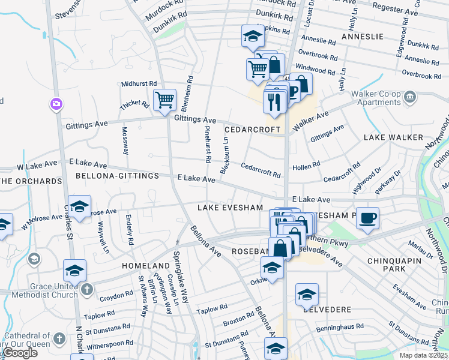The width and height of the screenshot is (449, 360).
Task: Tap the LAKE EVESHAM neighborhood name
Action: tap(231, 208)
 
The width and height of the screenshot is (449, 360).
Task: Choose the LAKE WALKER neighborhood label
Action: tap(393, 137)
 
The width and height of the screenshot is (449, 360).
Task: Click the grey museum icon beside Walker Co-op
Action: tap(410, 96)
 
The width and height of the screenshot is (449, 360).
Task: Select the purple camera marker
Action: tap(56, 105)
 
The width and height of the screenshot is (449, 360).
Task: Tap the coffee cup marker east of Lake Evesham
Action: tap(367, 218)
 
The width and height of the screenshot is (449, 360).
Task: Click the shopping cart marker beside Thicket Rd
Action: tap(164, 100)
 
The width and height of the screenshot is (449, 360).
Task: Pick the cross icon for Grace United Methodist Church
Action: tap(86, 290)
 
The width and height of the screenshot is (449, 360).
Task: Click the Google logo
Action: tap(20, 353)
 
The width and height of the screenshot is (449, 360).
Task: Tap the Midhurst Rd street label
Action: tap(139, 85)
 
